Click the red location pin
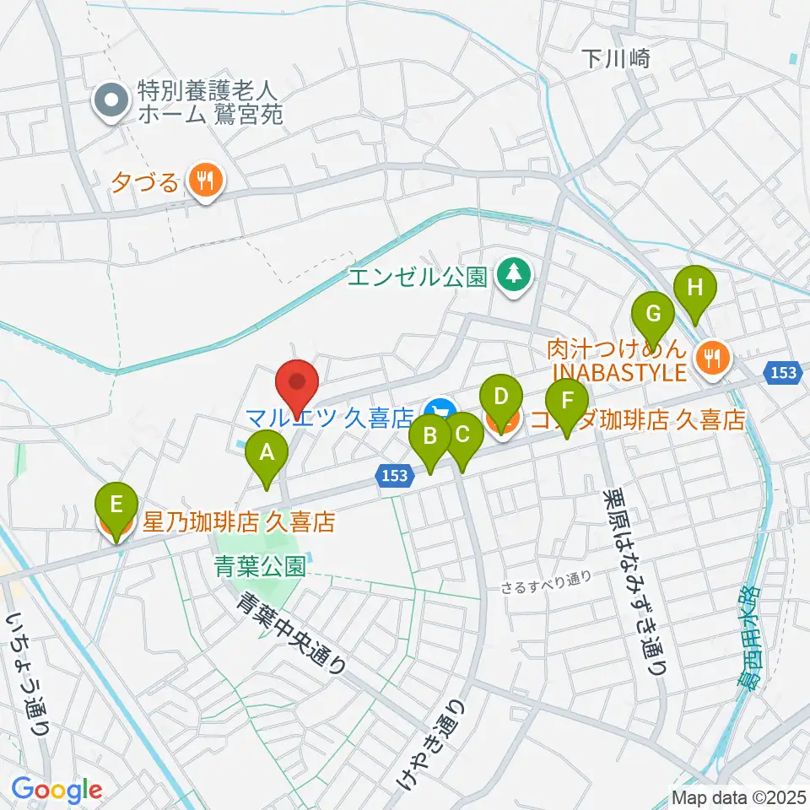point(297,384)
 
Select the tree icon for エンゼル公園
point(513,273)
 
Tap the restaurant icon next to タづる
point(203,180)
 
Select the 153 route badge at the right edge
point(785,372)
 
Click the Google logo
point(57,790)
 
